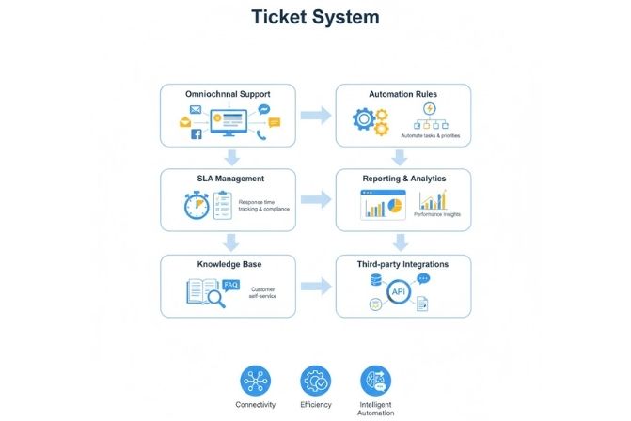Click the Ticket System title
pos(315,17)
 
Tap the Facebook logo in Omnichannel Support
pos(197,134)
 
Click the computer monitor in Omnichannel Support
pos(229,120)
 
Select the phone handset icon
pos(260,134)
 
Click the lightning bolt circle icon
pos(429,109)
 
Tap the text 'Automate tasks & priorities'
pos(431,137)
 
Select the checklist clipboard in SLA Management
pos(222,205)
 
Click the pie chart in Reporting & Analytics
pos(395,202)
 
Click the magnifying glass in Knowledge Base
pos(216,298)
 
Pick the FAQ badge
pos(231,283)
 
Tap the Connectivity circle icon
pos(255,381)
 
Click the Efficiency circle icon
pos(315,381)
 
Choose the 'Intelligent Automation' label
pos(376,408)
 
